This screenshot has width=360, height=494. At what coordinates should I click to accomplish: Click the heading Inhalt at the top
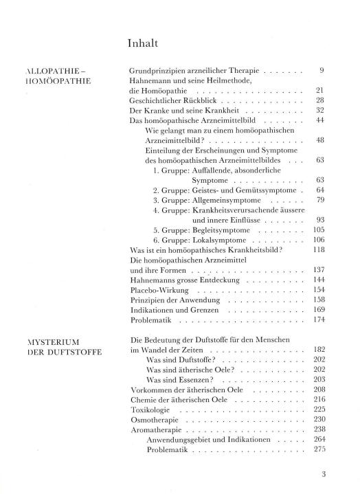pos(143,43)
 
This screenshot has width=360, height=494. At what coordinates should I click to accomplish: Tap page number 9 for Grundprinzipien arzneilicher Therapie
pos(321,70)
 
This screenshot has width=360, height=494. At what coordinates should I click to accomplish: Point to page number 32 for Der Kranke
pos(319,110)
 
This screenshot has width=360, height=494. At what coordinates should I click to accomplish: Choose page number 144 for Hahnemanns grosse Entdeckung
pos(317,280)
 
